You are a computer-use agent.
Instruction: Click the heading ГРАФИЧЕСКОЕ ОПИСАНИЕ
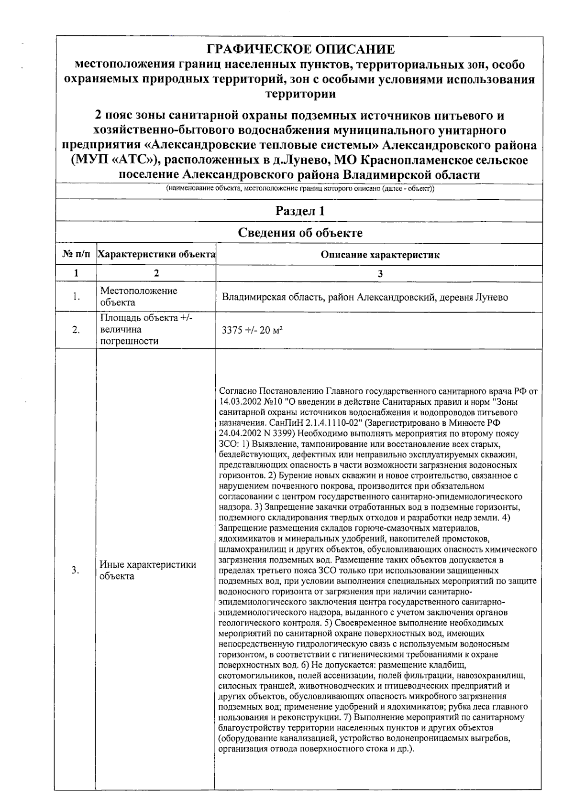[x=300, y=49]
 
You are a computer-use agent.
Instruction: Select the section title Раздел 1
[x=300, y=211]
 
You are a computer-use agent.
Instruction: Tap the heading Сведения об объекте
[x=300, y=233]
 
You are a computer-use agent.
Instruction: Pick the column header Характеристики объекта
[x=156, y=255]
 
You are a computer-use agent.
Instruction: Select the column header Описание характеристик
[x=380, y=255]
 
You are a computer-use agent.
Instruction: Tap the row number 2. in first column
[x=76, y=330]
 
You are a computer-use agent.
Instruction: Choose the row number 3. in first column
[x=75, y=570]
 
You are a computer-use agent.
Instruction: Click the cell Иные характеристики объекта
[x=147, y=570]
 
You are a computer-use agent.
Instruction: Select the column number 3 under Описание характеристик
[x=380, y=274]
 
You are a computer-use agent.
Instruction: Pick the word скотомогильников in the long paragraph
[x=255, y=676]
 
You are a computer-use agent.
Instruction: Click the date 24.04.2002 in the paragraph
[x=236, y=433]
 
